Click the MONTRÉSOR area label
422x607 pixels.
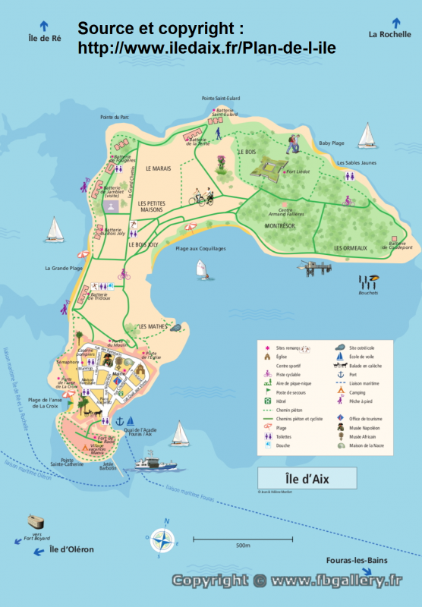279,226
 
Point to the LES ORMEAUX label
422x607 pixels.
350,248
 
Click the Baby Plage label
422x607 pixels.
331,143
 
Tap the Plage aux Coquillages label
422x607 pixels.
200,249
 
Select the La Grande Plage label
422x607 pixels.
64,268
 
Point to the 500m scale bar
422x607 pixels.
243,539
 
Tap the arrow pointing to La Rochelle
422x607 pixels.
395,22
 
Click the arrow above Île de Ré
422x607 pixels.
44,24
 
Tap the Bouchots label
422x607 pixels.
368,293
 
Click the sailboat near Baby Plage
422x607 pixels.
367,135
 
